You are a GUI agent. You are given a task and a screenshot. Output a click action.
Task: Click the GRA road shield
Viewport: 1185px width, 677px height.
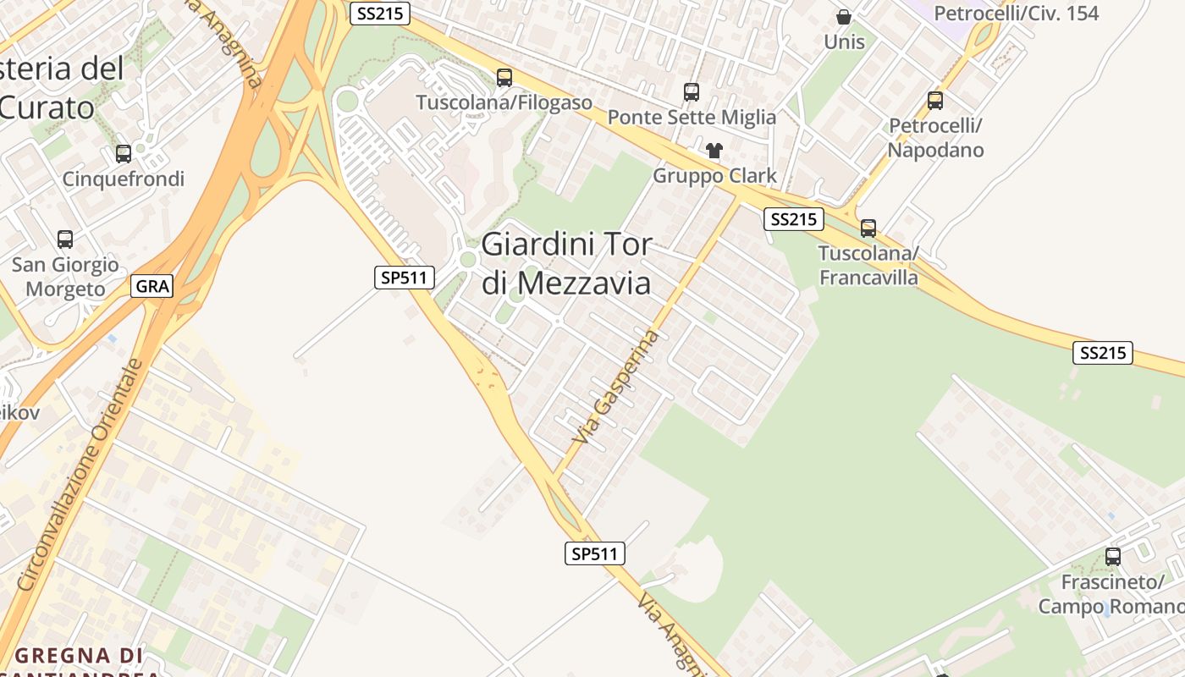(x=152, y=286)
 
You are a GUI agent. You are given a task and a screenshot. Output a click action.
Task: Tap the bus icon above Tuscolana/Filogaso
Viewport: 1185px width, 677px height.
(x=504, y=78)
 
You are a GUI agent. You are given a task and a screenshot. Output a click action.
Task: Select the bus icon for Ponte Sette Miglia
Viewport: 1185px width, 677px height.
(x=692, y=92)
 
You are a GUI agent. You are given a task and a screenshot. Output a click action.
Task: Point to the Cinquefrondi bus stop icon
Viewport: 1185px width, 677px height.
(x=124, y=154)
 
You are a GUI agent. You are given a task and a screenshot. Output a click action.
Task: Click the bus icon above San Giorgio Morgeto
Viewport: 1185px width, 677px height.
(x=65, y=239)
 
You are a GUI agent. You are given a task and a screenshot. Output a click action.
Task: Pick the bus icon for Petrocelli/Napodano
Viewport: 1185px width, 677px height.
(x=935, y=101)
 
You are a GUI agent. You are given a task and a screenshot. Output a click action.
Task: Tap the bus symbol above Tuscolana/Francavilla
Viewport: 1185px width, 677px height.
(x=868, y=228)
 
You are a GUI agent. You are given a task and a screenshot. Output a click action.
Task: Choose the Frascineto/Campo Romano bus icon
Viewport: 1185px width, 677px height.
(x=1113, y=557)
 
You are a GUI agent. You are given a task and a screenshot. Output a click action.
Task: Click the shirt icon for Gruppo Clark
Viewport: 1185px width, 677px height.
(x=714, y=151)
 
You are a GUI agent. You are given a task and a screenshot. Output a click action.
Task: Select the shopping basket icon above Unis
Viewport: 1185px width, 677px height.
(x=844, y=17)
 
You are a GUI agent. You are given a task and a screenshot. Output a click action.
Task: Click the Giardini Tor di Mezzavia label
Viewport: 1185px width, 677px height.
(x=567, y=263)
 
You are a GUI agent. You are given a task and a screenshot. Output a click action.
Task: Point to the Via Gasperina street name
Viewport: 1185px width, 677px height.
(x=615, y=387)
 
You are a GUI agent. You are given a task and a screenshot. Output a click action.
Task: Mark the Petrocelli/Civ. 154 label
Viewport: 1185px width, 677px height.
(x=1016, y=14)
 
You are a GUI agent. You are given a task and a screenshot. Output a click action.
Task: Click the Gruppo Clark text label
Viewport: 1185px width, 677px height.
(x=714, y=176)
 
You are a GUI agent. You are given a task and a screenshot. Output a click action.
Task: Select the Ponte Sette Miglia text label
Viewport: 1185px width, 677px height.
(x=692, y=117)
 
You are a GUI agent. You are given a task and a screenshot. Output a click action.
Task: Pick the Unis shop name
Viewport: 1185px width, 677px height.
(x=844, y=41)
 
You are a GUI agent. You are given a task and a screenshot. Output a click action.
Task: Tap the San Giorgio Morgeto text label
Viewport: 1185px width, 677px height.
(x=65, y=277)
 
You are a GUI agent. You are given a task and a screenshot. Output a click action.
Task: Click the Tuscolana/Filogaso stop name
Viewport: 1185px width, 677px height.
(x=504, y=102)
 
